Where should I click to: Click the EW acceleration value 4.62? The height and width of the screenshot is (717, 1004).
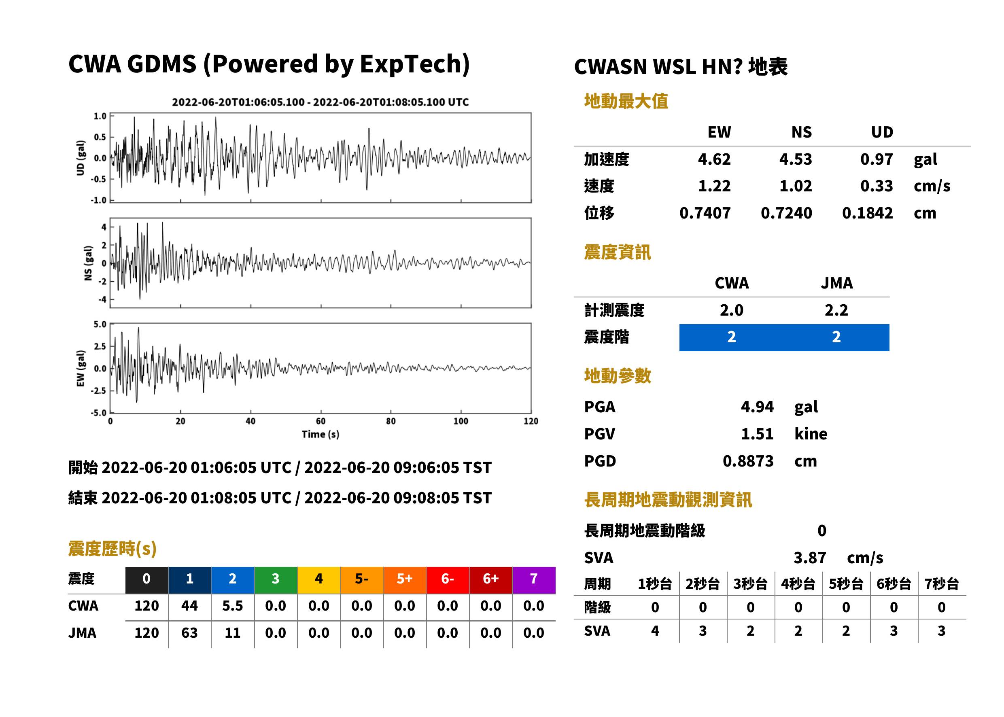click(714, 159)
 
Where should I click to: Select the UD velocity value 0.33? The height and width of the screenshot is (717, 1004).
click(877, 186)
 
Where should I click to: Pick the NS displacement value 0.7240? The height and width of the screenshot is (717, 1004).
click(786, 213)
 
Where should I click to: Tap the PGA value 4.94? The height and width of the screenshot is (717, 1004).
click(757, 407)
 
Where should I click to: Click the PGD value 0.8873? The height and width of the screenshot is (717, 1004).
click(748, 461)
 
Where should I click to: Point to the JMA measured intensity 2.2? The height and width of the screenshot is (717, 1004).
click(836, 310)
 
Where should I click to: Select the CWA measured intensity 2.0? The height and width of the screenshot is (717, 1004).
click(732, 310)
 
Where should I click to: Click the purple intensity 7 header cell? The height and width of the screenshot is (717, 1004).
click(534, 580)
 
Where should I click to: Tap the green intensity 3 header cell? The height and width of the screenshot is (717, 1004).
click(276, 580)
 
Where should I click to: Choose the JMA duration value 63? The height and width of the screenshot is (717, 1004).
click(189, 633)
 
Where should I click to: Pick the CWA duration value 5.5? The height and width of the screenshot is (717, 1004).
click(233, 606)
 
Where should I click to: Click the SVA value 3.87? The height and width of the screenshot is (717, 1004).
click(810, 558)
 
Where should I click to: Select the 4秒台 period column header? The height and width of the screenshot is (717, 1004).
click(798, 583)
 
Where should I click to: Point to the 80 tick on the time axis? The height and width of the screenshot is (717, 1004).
click(391, 421)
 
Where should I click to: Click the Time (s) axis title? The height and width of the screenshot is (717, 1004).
click(321, 435)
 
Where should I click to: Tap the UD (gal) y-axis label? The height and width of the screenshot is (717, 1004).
click(81, 158)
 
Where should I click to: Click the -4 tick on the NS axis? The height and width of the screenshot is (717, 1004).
click(102, 299)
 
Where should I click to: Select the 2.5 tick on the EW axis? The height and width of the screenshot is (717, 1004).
click(100, 346)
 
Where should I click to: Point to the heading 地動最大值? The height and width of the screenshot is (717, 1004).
click(626, 101)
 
